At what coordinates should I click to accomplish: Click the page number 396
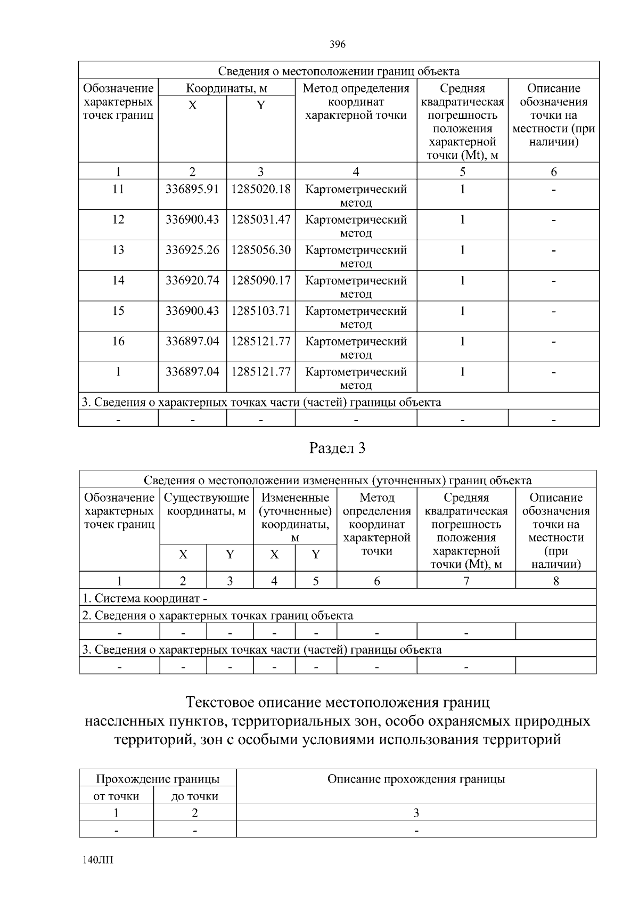click(x=338, y=45)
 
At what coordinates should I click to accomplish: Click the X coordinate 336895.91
click(x=192, y=189)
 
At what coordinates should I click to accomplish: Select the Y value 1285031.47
click(x=261, y=219)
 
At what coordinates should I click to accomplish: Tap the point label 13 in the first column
click(x=118, y=250)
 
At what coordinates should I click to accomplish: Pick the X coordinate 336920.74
click(x=192, y=280)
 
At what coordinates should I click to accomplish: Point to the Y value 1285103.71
click(x=261, y=311)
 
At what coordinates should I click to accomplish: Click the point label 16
click(x=118, y=341)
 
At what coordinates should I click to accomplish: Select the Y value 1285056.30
click(x=261, y=250)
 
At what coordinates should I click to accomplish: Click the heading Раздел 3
click(x=338, y=449)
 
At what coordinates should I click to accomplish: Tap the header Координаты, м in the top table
click(x=226, y=88)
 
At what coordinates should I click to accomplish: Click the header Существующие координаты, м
click(x=207, y=504)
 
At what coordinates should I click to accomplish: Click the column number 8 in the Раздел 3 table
click(x=556, y=581)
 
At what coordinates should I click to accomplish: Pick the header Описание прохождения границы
click(x=416, y=779)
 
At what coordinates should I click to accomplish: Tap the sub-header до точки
click(x=195, y=796)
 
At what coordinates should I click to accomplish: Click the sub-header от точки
click(x=116, y=796)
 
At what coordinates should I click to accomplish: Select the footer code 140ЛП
click(x=98, y=861)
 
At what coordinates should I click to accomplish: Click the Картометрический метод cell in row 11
click(x=356, y=196)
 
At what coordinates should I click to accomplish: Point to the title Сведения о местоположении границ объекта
click(x=339, y=71)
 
